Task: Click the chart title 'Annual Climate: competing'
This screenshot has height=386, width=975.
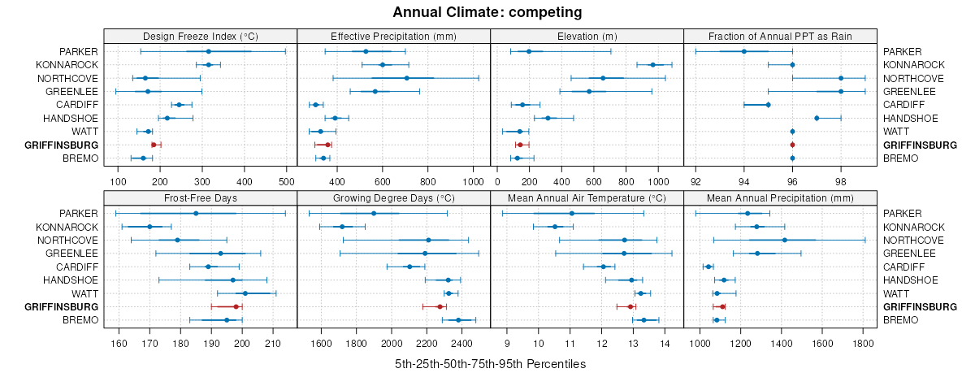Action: click(x=487, y=12)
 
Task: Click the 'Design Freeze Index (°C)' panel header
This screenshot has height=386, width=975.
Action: click(x=200, y=36)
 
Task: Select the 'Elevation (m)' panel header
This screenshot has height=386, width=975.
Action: click(x=587, y=36)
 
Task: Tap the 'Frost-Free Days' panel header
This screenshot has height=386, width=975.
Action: click(x=200, y=198)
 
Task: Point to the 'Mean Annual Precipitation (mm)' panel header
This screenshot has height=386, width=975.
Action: click(x=780, y=198)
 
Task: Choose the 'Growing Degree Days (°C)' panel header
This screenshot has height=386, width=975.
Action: click(x=393, y=198)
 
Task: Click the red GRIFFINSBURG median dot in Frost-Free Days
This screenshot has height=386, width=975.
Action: click(x=236, y=306)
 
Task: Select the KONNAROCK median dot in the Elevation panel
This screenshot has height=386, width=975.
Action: click(x=652, y=65)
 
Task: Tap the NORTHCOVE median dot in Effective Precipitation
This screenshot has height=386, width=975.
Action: click(x=406, y=78)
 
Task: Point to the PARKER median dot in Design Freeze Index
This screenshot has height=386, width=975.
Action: click(x=253, y=51)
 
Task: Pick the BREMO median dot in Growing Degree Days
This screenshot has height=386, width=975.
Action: click(x=458, y=320)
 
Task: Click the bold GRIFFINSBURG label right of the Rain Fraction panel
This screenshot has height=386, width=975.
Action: click(x=920, y=145)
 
